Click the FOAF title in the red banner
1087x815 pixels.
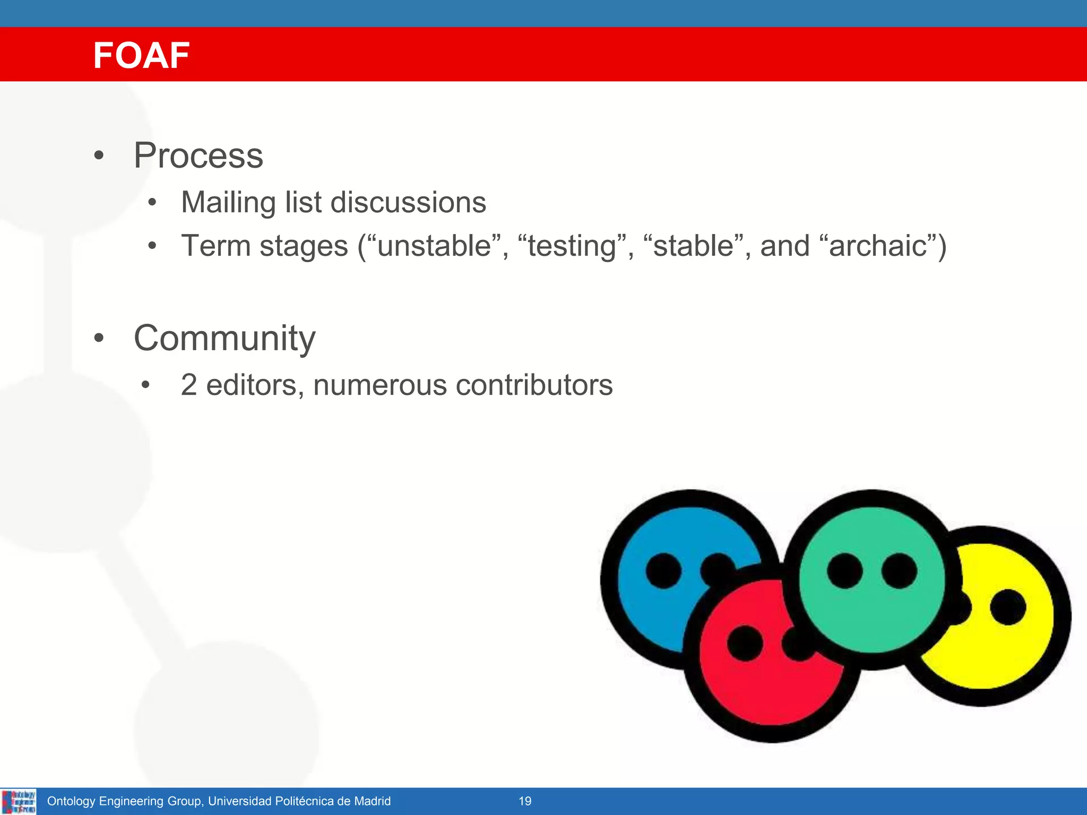tap(141, 55)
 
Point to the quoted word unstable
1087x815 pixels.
tap(434, 246)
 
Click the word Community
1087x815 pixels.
tap(225, 338)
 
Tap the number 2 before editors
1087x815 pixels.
tap(189, 385)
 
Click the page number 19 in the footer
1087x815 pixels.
tap(525, 801)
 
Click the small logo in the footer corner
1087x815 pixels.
tap(19, 801)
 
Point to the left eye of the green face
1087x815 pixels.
tap(844, 571)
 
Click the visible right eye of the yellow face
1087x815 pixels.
tap(1007, 607)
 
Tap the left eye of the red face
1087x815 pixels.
tap(745, 643)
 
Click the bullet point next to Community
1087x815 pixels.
tap(99, 338)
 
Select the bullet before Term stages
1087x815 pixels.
tap(152, 246)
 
